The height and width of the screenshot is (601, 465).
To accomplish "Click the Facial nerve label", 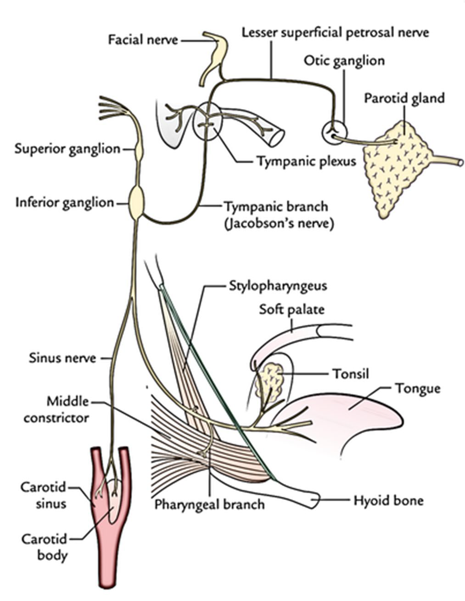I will pos(143,40).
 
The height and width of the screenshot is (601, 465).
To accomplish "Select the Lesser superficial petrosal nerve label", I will pos(335,33).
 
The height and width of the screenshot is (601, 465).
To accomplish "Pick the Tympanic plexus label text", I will pos(306,161).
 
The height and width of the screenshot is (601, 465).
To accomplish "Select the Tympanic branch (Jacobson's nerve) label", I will pos(279,215).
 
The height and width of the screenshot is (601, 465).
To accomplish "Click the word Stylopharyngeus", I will pos(278,286).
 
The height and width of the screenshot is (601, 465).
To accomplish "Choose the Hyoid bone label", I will pos(388,500).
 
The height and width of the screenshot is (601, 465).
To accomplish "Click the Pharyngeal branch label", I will pos(209,504).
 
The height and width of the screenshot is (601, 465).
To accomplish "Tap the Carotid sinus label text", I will pos(44,495).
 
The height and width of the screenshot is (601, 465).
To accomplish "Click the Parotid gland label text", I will pos(404,98).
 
